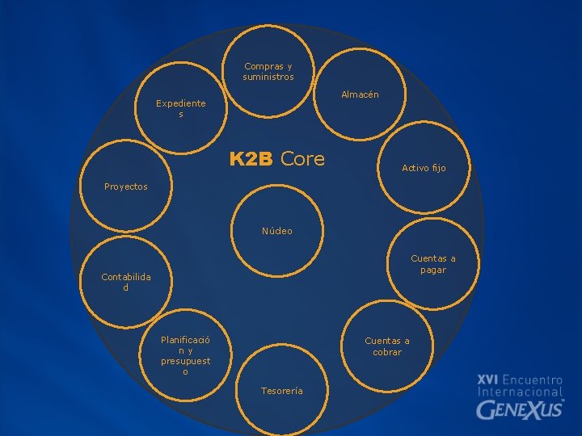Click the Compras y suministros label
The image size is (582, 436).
click(268, 72)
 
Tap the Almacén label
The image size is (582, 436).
click(360, 94)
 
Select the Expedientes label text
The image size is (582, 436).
click(181, 109)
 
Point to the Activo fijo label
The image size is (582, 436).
click(424, 168)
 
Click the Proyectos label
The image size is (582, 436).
click(126, 187)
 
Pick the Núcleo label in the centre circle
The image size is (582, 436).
click(277, 231)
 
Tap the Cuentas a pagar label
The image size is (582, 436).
click(433, 264)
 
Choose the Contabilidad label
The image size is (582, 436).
click(125, 283)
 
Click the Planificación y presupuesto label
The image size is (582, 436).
click(185, 356)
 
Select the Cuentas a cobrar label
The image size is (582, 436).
click(387, 346)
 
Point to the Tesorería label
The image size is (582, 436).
click(282, 391)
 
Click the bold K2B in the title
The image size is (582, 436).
click(251, 159)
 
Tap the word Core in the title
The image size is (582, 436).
click(302, 159)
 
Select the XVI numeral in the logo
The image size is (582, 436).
click(487, 379)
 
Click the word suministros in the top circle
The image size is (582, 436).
click(268, 78)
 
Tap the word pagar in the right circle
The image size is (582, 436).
click(433, 270)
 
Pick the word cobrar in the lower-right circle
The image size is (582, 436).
click(387, 352)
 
